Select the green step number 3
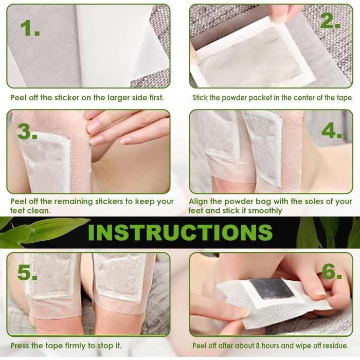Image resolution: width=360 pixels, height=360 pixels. pos(27,132)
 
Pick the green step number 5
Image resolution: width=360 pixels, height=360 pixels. pos(27,273)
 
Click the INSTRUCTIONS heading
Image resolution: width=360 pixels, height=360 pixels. pos(180,232)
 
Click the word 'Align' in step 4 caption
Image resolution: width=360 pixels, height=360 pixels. pos(200,202)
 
